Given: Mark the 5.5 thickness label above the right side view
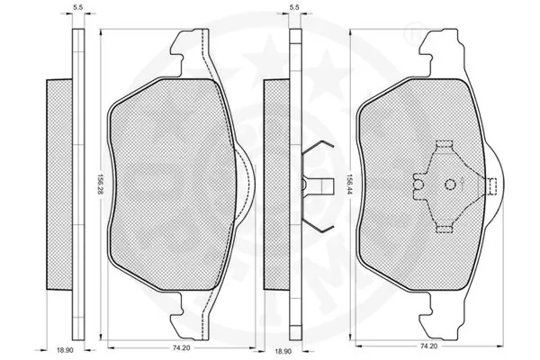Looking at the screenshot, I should [294, 8].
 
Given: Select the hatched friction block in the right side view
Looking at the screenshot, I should [274, 184].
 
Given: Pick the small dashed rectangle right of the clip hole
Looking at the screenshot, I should [493, 185].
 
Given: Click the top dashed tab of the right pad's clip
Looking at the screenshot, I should [443, 146].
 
